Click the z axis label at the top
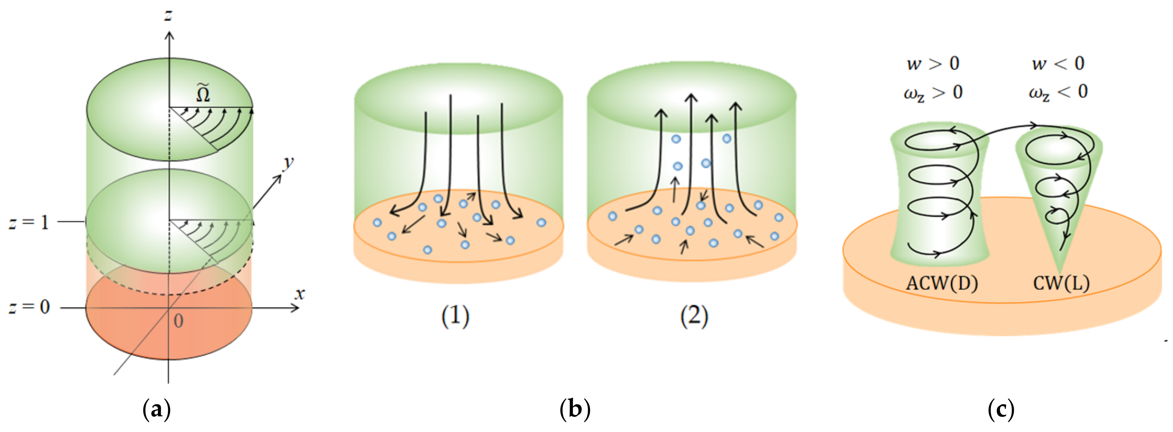coord(168,15)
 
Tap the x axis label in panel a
coord(299,294)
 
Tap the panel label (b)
coord(575,409)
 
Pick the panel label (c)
coord(1001,409)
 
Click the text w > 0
coord(933,64)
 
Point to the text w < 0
coord(1058,64)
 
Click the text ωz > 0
coord(933,93)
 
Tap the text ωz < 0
coord(1058,93)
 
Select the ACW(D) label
coord(942,283)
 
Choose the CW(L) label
coord(1061,283)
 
